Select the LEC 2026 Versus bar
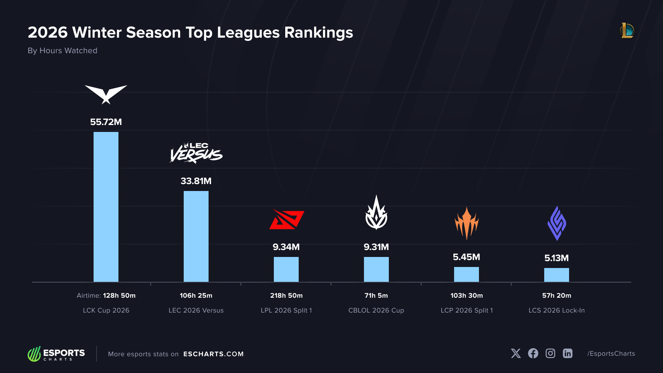[196, 236]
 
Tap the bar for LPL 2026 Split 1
[286, 269]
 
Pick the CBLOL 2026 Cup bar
[376, 269]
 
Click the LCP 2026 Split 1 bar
[467, 274]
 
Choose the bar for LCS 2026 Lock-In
[557, 275]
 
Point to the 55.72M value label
[106, 122]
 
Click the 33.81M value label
[196, 181]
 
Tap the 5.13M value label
[557, 258]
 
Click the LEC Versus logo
[196, 153]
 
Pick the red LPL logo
[287, 219]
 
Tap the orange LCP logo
[467, 223]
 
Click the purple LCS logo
[557, 223]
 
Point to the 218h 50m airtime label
[286, 296]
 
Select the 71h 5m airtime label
[376, 296]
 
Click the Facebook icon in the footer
[533, 353]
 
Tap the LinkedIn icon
[568, 353]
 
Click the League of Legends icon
[627, 31]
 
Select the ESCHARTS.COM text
[213, 354]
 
